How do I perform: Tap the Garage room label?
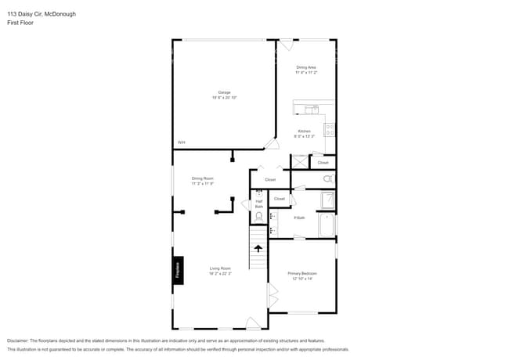click(x=224, y=92)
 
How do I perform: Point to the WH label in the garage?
click(x=181, y=142)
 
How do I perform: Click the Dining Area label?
click(x=305, y=67)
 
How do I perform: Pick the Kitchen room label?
click(x=304, y=131)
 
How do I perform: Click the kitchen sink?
click(x=310, y=109)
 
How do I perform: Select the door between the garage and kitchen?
click(x=271, y=144)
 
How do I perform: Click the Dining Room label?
click(x=203, y=178)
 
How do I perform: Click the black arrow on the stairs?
click(x=258, y=249)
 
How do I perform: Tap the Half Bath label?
click(x=259, y=203)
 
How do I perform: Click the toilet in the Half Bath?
click(x=259, y=193)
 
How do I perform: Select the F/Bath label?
click(x=299, y=218)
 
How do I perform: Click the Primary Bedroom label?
click(x=302, y=273)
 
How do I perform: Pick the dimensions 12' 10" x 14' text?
click(x=302, y=279)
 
